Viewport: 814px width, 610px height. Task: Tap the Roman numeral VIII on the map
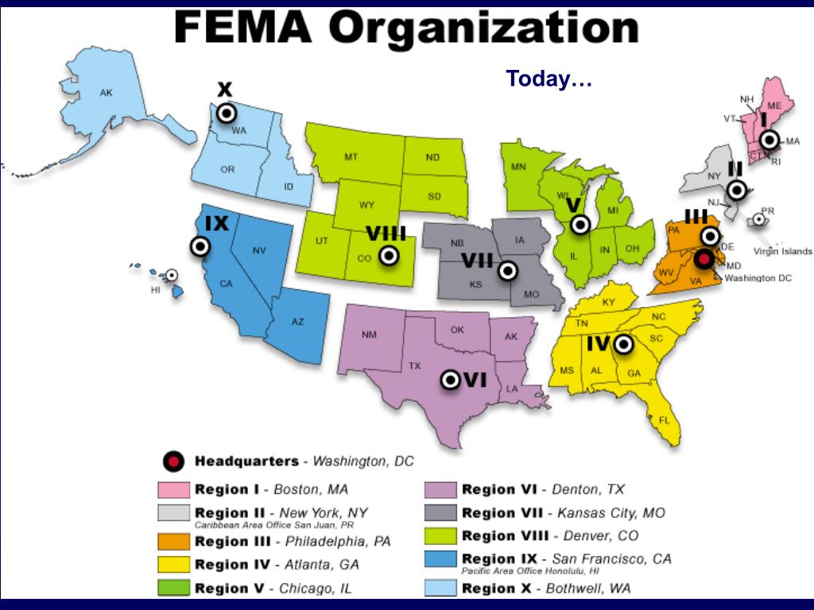[x=386, y=234]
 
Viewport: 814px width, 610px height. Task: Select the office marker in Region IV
[x=623, y=344]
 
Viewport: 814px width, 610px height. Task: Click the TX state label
[x=414, y=366]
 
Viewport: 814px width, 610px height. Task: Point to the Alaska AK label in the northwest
[x=106, y=93]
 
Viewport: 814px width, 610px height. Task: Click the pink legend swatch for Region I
[x=173, y=489]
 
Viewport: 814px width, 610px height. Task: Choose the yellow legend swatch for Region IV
[x=173, y=565]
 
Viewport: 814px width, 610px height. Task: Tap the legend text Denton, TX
[x=588, y=489]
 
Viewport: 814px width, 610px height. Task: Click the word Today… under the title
[x=549, y=79]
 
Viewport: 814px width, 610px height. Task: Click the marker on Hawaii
[x=170, y=276]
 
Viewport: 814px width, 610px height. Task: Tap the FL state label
[x=665, y=419]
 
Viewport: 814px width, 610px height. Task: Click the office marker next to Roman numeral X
[x=227, y=113]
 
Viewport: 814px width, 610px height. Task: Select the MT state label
[x=351, y=157]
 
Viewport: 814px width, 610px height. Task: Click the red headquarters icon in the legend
[x=173, y=461]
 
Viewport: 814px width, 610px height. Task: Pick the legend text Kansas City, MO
[x=611, y=513]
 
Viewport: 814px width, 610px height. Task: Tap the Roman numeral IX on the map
[x=216, y=223]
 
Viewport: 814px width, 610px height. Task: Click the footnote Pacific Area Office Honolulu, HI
[x=530, y=571]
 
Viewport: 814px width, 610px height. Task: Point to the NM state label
[x=369, y=334]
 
